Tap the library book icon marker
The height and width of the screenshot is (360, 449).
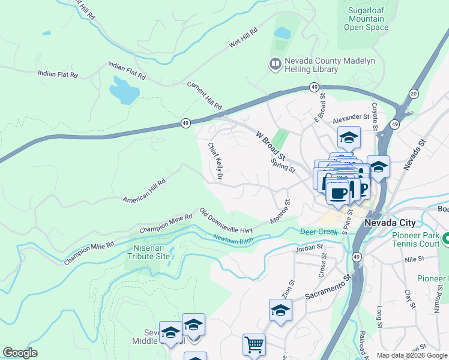[x=276, y=64]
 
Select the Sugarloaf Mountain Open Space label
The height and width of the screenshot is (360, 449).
[x=368, y=19]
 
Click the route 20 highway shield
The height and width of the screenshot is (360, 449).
[x=413, y=93]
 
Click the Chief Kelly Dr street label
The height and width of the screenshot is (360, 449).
[x=215, y=161]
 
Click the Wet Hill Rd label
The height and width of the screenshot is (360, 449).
[x=243, y=37]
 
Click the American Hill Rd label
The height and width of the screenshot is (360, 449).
[x=144, y=191]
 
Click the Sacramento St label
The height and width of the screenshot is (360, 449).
[x=327, y=287]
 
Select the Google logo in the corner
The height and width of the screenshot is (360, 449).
[x=20, y=353]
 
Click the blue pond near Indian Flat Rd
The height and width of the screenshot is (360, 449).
[x=124, y=91]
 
